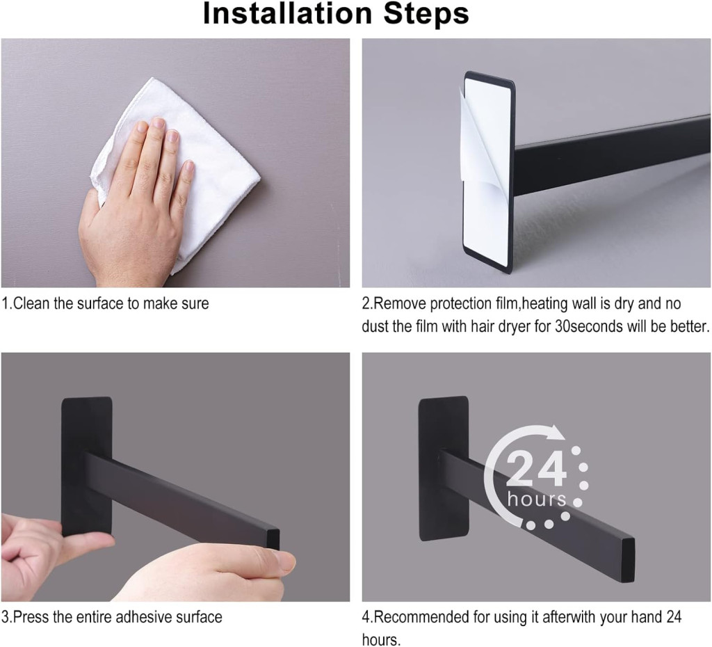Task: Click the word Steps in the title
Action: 426,14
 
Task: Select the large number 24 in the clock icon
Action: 536,468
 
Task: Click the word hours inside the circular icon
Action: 537,499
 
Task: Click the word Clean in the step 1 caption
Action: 32,303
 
